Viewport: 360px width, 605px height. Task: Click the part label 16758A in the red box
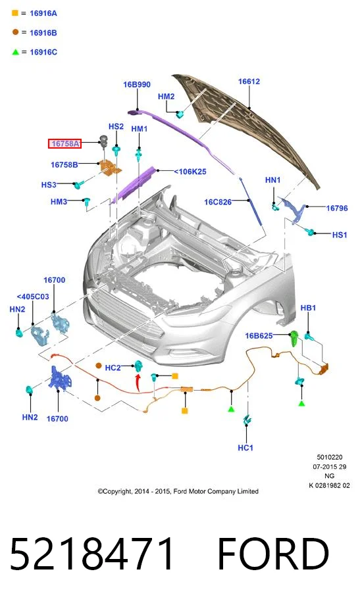click(65, 144)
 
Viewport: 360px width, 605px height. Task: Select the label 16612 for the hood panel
click(249, 82)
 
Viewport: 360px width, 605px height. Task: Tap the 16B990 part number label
click(137, 84)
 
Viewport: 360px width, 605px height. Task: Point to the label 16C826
click(218, 202)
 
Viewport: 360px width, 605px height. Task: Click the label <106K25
click(190, 172)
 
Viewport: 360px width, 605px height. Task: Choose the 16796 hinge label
click(337, 208)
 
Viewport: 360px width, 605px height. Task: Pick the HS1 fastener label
click(340, 235)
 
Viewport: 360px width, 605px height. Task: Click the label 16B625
click(259, 335)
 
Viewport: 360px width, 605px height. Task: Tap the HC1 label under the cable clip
click(245, 448)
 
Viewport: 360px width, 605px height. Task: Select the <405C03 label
click(33, 297)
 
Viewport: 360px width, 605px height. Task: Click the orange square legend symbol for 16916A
click(15, 13)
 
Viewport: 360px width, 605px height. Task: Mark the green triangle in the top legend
click(15, 52)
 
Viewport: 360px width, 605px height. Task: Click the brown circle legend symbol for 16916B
click(15, 32)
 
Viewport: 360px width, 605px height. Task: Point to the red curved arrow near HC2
click(137, 382)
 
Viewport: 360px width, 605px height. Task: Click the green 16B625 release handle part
click(294, 339)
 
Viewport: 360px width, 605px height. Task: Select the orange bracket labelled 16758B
click(111, 167)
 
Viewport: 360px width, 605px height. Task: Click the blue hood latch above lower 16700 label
click(59, 378)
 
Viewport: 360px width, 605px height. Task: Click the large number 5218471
click(92, 554)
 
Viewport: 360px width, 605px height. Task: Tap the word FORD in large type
click(273, 554)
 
